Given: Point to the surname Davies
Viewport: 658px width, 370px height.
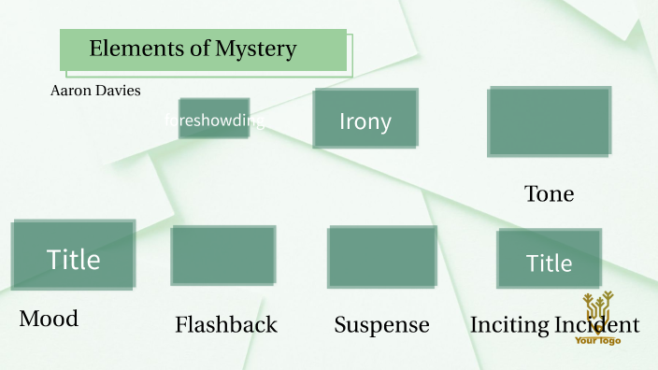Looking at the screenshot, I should click(x=117, y=91).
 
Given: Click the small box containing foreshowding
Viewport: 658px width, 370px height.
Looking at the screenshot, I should click(x=214, y=119).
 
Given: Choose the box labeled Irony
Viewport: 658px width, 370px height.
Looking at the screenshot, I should click(x=365, y=119).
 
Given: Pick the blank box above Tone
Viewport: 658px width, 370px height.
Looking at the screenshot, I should click(x=550, y=121).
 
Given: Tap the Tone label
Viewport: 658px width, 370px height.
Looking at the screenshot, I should click(x=550, y=194).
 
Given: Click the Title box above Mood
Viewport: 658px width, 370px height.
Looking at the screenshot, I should click(x=73, y=256).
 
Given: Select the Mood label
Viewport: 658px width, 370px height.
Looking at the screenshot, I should click(x=49, y=319).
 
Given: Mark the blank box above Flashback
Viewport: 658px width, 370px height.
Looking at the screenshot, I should click(x=223, y=255).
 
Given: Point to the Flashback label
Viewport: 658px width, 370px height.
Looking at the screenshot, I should click(x=226, y=325).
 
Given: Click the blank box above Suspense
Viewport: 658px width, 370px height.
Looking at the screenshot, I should click(x=381, y=256).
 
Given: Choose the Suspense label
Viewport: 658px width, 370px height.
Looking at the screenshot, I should click(x=381, y=325).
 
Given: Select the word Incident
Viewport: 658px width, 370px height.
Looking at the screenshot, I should click(x=598, y=325).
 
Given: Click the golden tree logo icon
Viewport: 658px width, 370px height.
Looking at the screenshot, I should click(x=598, y=312).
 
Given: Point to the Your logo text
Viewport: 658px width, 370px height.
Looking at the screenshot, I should click(x=598, y=340).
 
